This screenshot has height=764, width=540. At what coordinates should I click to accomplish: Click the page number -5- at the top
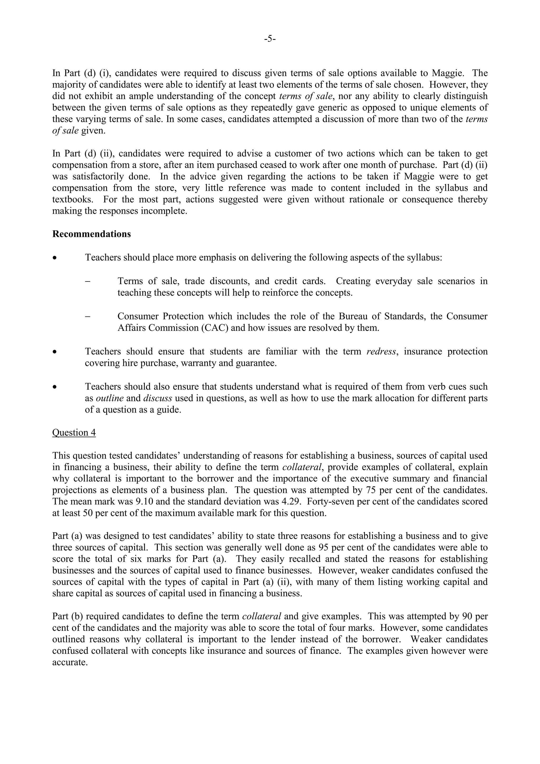point(270,39)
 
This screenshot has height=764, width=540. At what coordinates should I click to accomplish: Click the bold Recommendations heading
point(91,234)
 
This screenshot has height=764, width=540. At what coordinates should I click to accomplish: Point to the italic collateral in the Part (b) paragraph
point(262,616)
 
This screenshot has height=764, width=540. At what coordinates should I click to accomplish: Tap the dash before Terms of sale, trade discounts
point(88,281)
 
